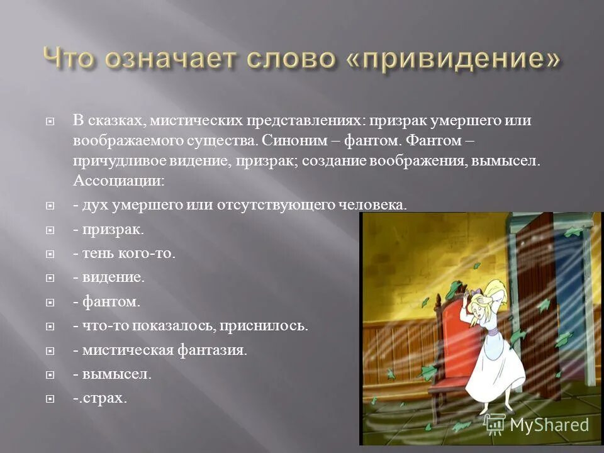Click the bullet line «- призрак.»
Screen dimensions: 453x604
click(108, 230)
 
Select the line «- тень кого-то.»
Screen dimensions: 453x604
click(124, 254)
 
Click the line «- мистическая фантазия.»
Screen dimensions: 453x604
click(160, 350)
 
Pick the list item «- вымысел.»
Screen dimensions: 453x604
click(112, 374)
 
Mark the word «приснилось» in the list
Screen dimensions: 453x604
click(272, 326)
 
